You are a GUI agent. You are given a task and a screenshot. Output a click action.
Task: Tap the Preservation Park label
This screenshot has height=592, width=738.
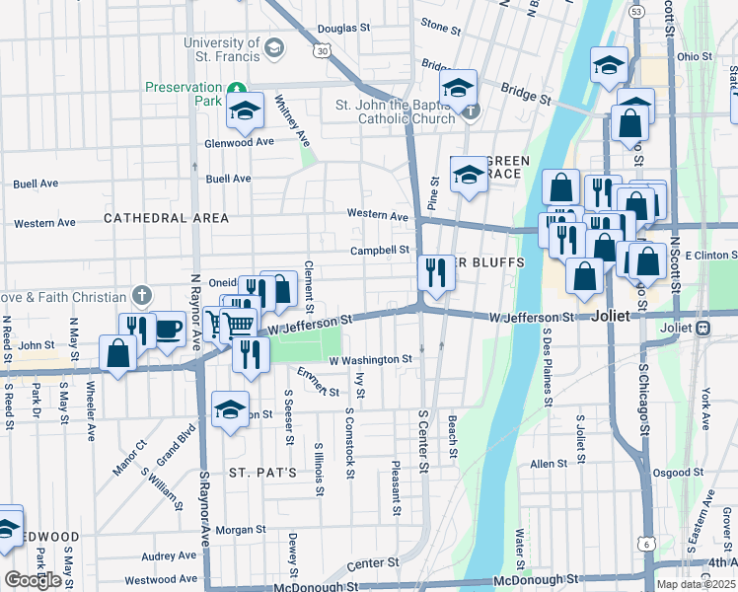click(183, 94)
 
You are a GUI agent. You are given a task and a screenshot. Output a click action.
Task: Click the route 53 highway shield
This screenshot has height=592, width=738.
click(637, 11)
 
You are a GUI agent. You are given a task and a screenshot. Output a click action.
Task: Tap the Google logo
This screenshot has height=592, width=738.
click(34, 579)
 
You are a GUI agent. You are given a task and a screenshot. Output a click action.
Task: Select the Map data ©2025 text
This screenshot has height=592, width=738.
click(697, 584)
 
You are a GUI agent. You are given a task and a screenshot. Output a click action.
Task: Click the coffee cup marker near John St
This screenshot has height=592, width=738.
click(168, 329)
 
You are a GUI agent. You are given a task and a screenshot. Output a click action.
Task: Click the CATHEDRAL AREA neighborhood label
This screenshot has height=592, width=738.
click(166, 218)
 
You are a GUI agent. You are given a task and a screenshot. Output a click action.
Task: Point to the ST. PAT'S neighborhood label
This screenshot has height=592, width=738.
click(262, 473)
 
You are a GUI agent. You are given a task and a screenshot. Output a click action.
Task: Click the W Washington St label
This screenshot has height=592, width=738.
click(370, 360)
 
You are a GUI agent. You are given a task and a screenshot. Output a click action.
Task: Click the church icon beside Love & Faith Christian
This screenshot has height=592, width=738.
click(142, 295)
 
